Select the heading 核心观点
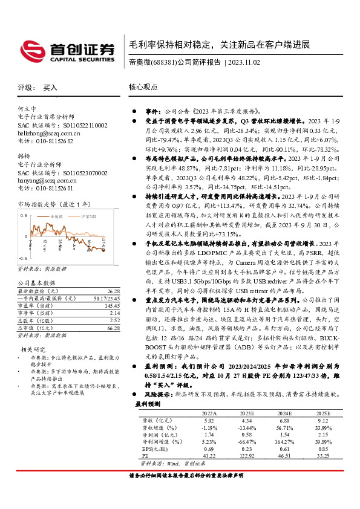[x=143, y=87]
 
